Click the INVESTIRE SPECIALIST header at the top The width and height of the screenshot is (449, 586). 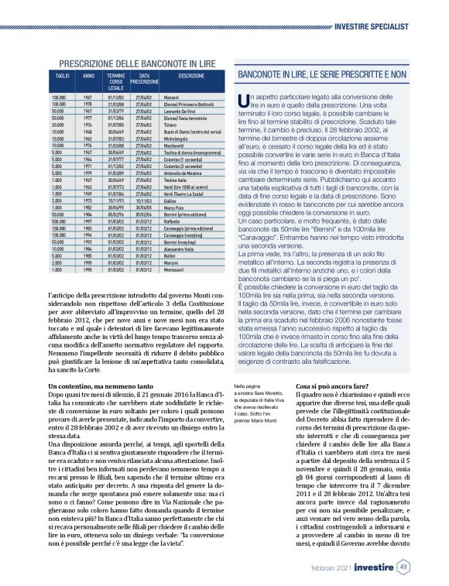pos(372,26)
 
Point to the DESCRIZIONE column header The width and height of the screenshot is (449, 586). pos(191,77)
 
